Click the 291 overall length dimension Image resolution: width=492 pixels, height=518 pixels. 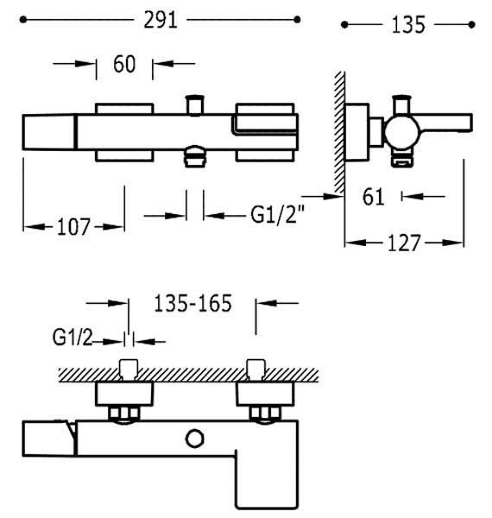point(161,20)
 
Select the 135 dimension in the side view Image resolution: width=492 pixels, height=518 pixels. point(408,25)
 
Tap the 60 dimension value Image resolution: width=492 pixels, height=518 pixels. point(124,64)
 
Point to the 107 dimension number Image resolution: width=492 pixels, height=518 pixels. point(73,226)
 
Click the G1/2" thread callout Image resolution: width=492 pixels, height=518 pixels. point(277,214)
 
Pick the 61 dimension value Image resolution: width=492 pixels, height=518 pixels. point(374,197)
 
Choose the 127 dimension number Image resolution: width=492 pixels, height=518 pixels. point(404,243)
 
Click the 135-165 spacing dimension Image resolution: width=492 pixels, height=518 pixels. point(193,303)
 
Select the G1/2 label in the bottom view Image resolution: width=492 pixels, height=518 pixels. point(73,338)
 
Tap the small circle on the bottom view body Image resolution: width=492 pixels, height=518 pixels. point(195,439)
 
